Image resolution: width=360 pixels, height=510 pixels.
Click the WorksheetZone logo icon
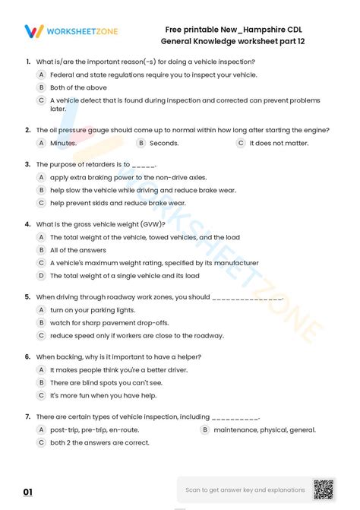pyautogui.click(x=34, y=31)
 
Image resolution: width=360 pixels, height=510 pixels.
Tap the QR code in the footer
pyautogui.click(x=323, y=490)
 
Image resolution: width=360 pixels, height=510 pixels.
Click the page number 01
pyautogui.click(x=28, y=493)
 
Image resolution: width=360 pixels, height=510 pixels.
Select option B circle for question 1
pyautogui.click(x=42, y=87)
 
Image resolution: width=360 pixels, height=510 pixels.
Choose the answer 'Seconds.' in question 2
pyautogui.click(x=164, y=143)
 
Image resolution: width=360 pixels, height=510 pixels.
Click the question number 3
pyautogui.click(x=27, y=164)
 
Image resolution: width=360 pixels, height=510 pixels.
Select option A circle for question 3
pyautogui.click(x=42, y=176)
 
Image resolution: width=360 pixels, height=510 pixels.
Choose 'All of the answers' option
pyautogui.click(x=78, y=250)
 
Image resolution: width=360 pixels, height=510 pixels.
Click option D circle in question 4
pyautogui.click(x=42, y=275)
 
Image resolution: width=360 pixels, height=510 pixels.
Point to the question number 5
pyautogui.click(x=27, y=297)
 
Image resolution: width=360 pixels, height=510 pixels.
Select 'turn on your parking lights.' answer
pyautogui.click(x=93, y=310)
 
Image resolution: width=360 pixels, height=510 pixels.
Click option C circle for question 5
pyautogui.click(x=42, y=335)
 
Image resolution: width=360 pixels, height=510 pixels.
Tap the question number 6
pyautogui.click(x=27, y=356)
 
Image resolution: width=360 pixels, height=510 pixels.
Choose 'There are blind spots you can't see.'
pyautogui.click(x=106, y=382)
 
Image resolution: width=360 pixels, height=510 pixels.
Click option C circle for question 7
pyautogui.click(x=42, y=442)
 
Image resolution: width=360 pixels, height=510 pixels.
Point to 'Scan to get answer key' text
pyautogui.click(x=245, y=490)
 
